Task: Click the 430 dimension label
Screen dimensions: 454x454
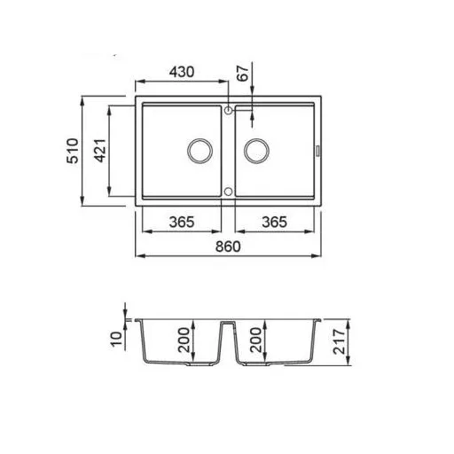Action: point(182,72)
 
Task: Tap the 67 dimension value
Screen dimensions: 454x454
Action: point(243,74)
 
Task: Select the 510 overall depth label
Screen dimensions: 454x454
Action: point(73,151)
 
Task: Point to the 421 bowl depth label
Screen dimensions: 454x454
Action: point(100,151)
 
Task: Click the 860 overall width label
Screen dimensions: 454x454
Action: point(228,247)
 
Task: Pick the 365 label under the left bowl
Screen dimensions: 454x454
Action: point(182,222)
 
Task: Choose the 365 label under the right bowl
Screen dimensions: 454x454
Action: point(274,222)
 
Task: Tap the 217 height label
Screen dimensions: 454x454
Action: point(339,341)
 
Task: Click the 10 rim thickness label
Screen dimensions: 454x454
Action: point(116,339)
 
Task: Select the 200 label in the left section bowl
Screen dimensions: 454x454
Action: point(184,340)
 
